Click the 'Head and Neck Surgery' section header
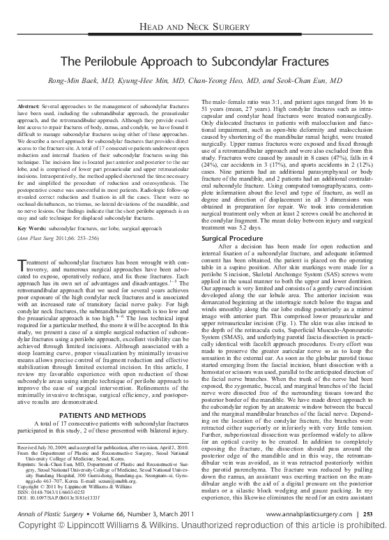(194, 25)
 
